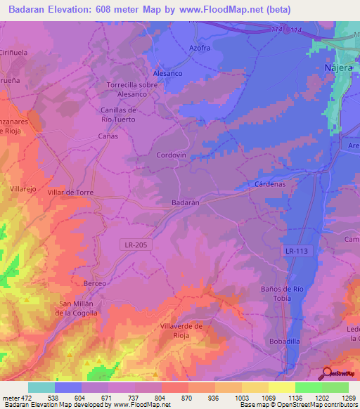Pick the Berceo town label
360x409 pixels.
point(94,283)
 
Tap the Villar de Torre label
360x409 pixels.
point(70,192)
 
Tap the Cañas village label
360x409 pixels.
point(108,136)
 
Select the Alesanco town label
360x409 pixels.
point(168,72)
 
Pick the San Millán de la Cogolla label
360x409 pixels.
point(77,308)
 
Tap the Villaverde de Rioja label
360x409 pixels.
point(181,330)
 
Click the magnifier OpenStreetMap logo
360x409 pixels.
point(327,373)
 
